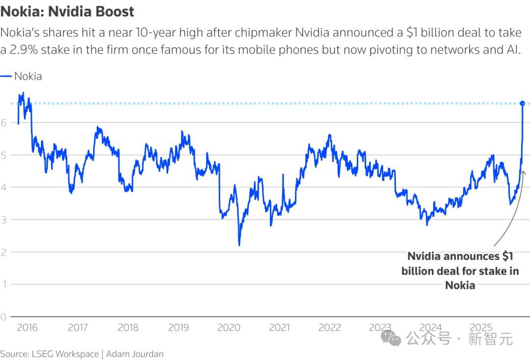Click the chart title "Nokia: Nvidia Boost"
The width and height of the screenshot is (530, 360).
click(67, 11)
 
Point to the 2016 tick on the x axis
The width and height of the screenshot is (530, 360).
click(27, 327)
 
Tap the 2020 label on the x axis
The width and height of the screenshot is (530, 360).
click(229, 327)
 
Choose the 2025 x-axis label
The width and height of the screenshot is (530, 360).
click(481, 327)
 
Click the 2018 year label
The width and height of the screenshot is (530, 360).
click(128, 327)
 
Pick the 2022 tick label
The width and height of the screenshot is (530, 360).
click(329, 327)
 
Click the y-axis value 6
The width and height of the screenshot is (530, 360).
click(4, 123)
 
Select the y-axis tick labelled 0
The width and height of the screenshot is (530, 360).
click(4, 317)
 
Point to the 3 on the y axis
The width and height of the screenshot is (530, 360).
click(4, 220)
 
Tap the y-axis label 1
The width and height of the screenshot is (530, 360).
click(4, 284)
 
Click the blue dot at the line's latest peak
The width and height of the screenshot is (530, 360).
click(523, 103)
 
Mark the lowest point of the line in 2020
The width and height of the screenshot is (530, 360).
click(239, 245)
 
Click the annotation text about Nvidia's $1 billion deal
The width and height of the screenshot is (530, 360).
click(460, 271)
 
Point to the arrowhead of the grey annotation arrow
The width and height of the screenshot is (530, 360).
click(523, 172)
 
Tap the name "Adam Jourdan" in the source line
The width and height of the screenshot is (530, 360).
click(134, 354)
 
